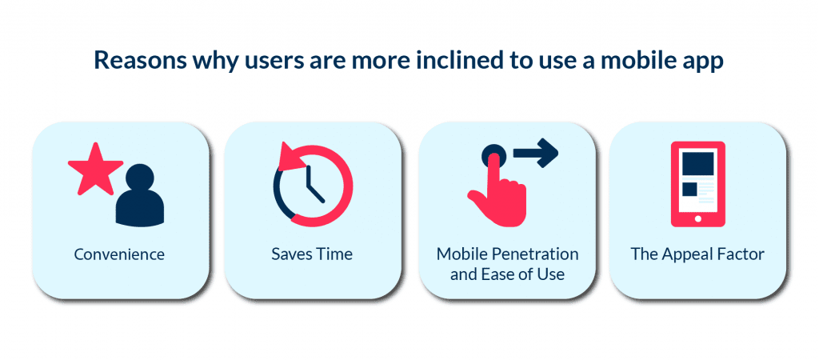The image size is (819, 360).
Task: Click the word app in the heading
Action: pyautogui.click(x=705, y=62)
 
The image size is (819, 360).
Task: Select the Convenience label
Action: pyautogui.click(x=119, y=254)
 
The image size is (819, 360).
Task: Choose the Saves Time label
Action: pyautogui.click(x=312, y=254)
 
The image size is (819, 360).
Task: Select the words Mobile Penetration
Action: pyautogui.click(x=507, y=254)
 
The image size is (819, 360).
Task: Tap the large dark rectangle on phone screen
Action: pyautogui.click(x=697, y=164)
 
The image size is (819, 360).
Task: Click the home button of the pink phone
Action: pyautogui.click(x=697, y=218)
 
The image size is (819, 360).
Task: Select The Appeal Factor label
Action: pyautogui.click(x=697, y=254)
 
